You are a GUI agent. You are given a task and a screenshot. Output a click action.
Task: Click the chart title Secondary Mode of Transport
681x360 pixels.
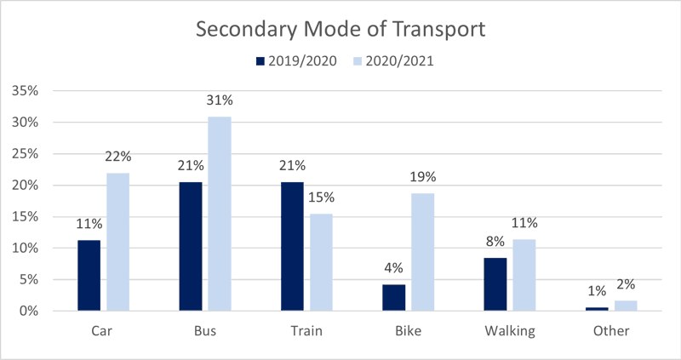tap(340, 28)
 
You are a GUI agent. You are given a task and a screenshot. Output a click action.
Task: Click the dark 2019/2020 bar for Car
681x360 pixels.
tap(89, 276)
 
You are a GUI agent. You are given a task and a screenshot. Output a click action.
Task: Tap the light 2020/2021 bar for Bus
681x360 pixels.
tap(220, 214)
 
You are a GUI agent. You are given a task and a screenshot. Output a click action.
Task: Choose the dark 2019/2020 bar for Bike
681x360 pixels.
tap(393, 297)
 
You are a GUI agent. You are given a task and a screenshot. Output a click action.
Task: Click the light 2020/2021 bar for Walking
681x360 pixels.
tap(524, 275)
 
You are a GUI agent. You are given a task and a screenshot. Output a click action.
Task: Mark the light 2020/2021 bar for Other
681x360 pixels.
tap(626, 306)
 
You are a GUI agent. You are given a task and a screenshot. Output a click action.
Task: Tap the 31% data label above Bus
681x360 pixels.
tap(220, 100)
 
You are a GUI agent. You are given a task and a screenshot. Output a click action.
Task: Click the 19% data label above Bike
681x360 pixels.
tap(422, 177)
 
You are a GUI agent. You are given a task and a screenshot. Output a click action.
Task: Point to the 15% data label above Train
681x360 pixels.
tap(321, 197)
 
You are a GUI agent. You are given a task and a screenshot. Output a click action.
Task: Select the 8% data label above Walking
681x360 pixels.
tap(495, 242)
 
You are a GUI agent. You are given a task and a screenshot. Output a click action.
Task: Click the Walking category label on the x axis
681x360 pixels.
tap(509, 331)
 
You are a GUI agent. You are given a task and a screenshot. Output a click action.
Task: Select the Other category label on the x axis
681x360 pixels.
tap(611, 331)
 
